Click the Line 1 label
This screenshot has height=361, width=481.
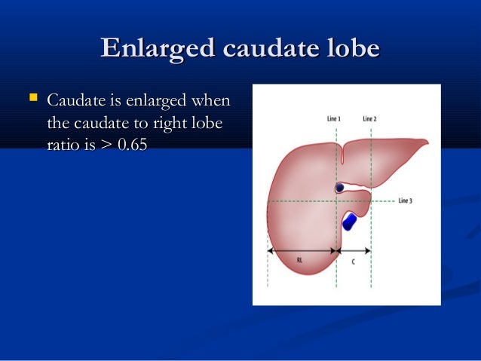(x=333, y=118)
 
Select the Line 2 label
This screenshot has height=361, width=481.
(x=369, y=118)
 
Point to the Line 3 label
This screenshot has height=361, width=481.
(x=405, y=201)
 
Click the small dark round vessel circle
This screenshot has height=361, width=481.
(x=340, y=188)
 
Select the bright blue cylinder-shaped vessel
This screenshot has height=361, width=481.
(x=349, y=221)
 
